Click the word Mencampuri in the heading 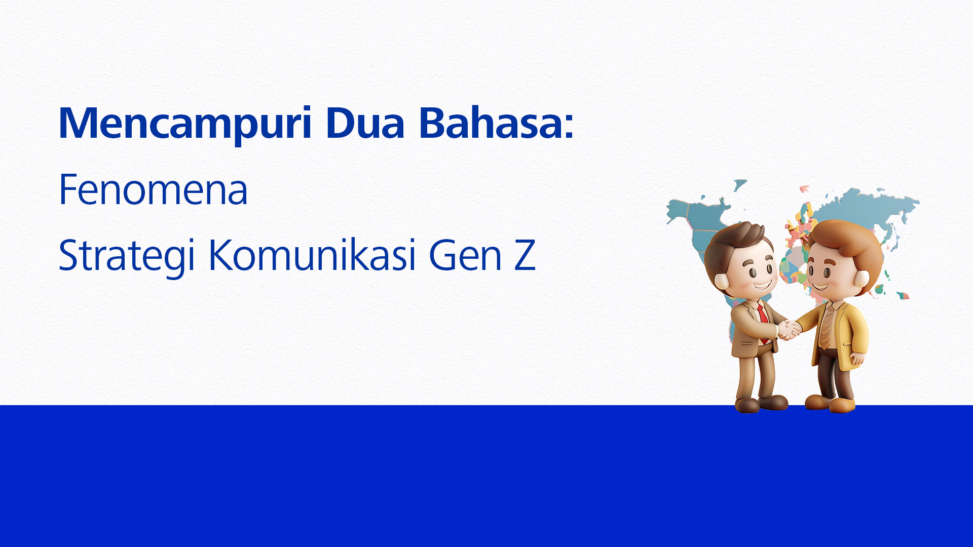(x=185, y=123)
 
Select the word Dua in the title (x=365, y=123)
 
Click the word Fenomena (x=153, y=189)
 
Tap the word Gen (x=465, y=255)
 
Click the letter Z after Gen (x=525, y=255)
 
